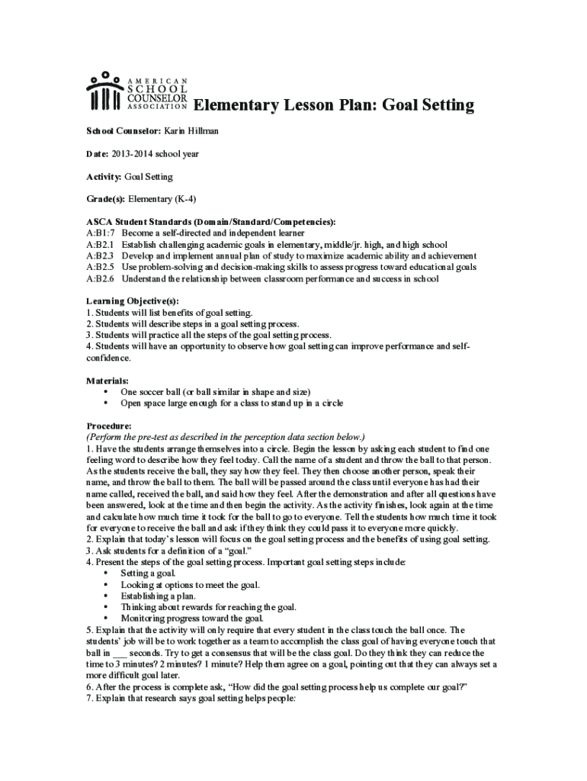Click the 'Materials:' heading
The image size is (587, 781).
tap(107, 380)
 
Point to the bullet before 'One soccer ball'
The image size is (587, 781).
tap(104, 391)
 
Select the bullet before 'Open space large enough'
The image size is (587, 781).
tap(104, 403)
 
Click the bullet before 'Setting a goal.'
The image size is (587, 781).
tap(104, 573)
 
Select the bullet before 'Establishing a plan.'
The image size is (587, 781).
tap(104, 596)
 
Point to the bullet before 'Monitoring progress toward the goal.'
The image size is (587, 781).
tap(104, 618)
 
